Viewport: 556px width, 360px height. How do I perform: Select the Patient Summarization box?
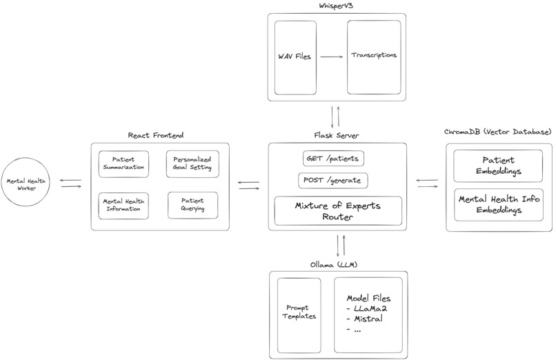[x=123, y=163]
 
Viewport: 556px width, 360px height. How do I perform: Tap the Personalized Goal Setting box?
[x=192, y=163]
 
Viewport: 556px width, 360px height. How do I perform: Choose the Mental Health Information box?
[x=123, y=205]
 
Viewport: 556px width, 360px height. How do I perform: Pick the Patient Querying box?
[x=192, y=205]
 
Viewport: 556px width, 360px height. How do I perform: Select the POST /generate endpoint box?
[x=333, y=181]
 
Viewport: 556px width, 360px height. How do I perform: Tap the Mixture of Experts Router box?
[x=338, y=210]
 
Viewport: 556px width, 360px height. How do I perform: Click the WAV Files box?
[x=294, y=57]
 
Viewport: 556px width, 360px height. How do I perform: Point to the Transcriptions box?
[x=373, y=57]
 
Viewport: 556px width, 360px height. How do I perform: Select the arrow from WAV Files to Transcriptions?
[x=332, y=57]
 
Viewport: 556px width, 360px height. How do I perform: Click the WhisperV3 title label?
[x=337, y=6]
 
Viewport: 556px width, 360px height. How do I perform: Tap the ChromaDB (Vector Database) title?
[x=497, y=132]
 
